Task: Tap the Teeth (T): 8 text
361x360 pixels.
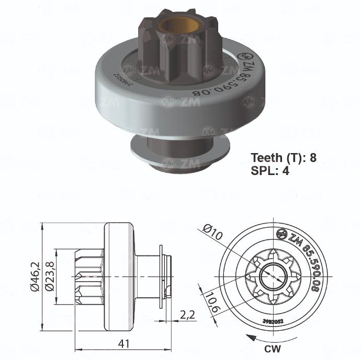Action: (x=284, y=157)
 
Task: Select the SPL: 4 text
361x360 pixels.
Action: (x=269, y=170)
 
